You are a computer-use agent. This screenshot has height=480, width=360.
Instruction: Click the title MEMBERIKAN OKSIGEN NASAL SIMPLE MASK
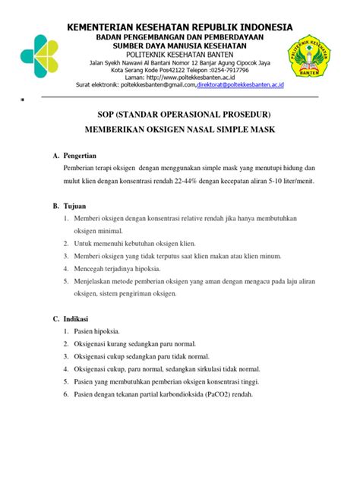[179, 130]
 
